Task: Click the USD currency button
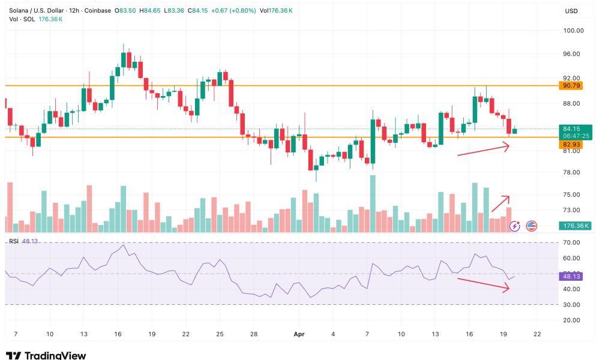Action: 572,11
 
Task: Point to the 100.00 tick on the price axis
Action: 573,31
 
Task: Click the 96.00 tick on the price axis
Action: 573,54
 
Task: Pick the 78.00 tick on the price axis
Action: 573,173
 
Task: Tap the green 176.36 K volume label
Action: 575,226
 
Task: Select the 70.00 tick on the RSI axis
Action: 573,242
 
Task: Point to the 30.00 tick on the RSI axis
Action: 573,305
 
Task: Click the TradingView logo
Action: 46,355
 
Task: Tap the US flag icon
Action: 532,226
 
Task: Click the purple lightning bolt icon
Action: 515,226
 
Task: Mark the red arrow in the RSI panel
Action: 484,284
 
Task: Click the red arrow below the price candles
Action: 484,150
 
